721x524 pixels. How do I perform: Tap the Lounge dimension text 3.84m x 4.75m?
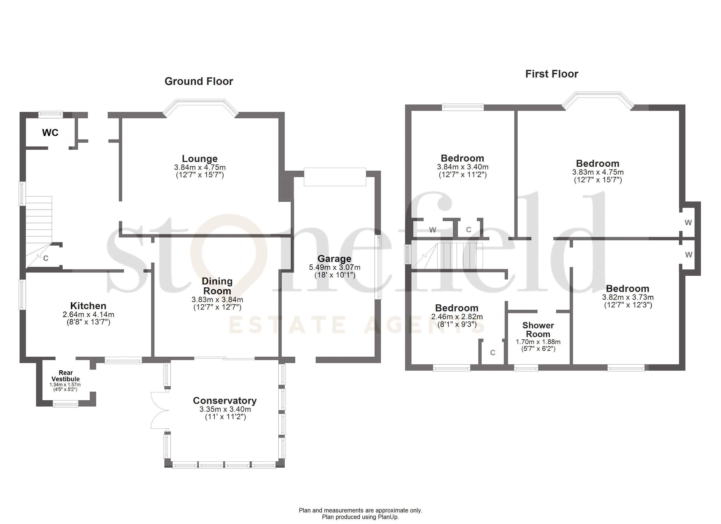[200, 167]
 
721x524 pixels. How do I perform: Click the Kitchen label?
[88, 306]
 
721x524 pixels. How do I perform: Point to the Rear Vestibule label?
[66, 376]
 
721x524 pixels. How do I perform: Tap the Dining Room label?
[217, 286]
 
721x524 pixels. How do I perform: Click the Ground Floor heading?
[199, 81]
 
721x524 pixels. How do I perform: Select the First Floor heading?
[551, 74]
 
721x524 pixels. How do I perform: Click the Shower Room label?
[538, 330]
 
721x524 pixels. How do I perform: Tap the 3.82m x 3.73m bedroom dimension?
[627, 297]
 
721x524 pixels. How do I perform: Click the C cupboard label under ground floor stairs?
[46, 258]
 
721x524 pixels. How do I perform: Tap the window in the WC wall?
[50, 114]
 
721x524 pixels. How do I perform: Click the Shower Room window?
[526, 368]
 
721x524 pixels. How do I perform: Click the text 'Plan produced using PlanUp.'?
[360, 517]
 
